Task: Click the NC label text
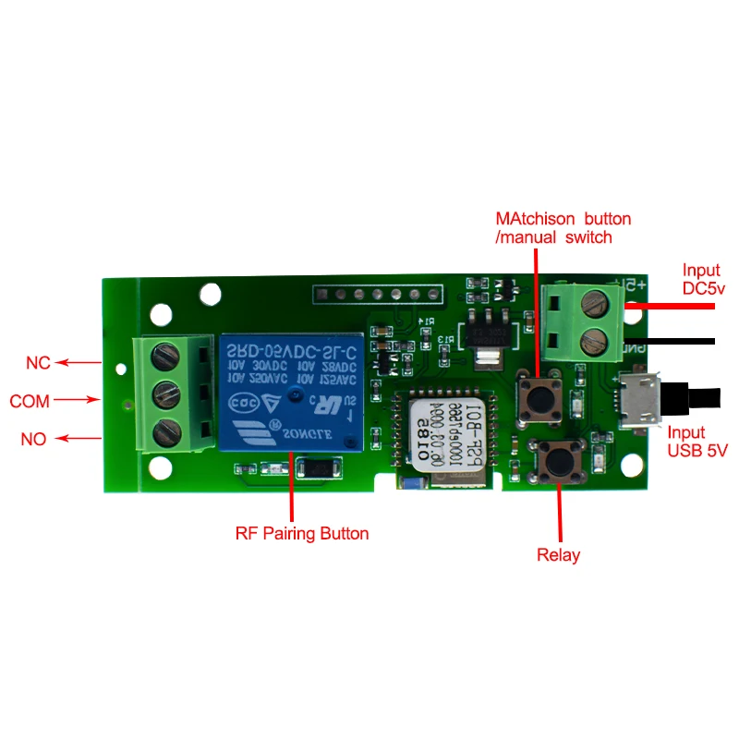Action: (x=38, y=363)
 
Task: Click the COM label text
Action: (x=30, y=402)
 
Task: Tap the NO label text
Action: (x=33, y=440)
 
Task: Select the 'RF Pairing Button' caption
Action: (x=301, y=533)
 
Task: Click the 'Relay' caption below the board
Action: (x=559, y=555)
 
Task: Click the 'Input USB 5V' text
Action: (x=697, y=442)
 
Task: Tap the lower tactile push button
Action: (x=559, y=458)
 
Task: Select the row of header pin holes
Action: (x=378, y=295)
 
